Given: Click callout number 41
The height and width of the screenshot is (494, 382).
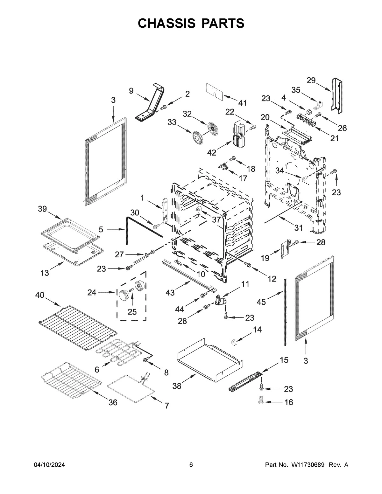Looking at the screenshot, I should coord(243,103).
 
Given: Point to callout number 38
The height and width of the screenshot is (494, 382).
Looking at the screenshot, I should coord(177,386).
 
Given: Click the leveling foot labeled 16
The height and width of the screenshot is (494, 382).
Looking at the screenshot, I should coord(261,401).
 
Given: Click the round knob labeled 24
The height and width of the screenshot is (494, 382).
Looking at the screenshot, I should coord(124,295).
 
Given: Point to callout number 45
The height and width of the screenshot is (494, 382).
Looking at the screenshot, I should coord(261,302).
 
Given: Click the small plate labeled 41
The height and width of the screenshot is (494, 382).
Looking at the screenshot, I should coord(214,89).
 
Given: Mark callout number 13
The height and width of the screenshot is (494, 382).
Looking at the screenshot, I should coord(45,273).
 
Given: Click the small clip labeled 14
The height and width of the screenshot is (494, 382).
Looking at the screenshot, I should coord(234,342).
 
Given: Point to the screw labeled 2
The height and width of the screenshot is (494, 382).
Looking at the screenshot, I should coord(164,108).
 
